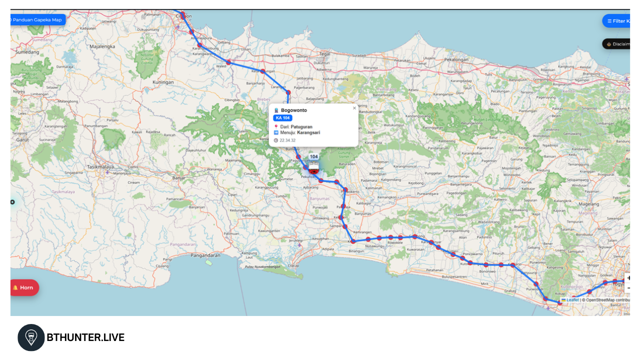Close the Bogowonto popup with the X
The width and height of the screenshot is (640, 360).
click(354, 108)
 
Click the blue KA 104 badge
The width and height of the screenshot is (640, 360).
click(282, 118)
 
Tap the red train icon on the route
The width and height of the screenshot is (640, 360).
click(314, 170)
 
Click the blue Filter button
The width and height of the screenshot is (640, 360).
click(617, 21)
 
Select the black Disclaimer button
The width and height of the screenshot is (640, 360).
click(618, 44)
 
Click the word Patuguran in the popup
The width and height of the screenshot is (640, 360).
click(301, 127)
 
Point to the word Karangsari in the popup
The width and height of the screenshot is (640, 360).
click(308, 132)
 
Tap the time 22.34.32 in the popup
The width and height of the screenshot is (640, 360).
click(287, 140)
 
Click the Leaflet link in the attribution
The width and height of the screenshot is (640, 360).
click(572, 300)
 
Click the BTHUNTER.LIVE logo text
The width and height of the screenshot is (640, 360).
click(85, 337)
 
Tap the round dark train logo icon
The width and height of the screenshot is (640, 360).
click(31, 337)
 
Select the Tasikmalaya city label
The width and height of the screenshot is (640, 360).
click(99, 167)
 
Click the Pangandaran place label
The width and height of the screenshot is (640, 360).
click(205, 255)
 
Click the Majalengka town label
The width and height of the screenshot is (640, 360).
click(102, 46)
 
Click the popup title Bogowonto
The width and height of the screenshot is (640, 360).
click(294, 110)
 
